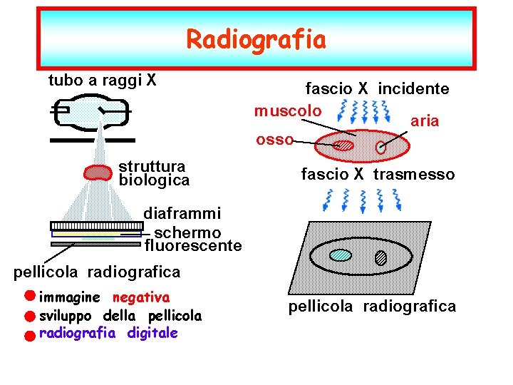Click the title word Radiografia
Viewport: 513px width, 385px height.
[256, 40]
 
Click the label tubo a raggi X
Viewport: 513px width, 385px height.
[103, 80]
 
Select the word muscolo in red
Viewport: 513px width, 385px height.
[289, 111]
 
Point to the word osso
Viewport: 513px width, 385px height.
[274, 140]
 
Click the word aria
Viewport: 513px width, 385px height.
[425, 121]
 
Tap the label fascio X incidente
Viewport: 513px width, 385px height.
[377, 89]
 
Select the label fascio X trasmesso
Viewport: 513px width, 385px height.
[378, 175]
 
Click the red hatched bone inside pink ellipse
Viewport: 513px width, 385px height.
[345, 145]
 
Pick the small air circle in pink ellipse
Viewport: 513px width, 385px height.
[382, 148]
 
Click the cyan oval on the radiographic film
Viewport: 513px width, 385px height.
[342, 255]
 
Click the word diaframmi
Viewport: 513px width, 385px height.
[182, 213]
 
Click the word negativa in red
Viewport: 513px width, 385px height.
[141, 297]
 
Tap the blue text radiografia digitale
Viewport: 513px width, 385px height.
[108, 333]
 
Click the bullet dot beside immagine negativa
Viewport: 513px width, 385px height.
[28, 295]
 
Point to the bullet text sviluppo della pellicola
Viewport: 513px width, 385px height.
[120, 315]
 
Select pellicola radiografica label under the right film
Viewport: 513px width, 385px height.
[372, 307]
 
